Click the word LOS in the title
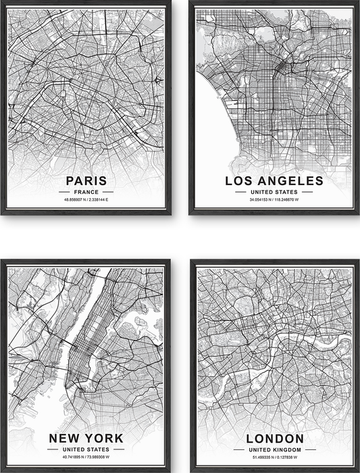[x=239, y=180]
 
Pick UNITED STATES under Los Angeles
[x=274, y=192]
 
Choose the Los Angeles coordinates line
[x=274, y=201]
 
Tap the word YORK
[x=105, y=439]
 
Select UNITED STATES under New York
[x=86, y=449]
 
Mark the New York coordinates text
[x=86, y=458]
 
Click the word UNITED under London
[x=259, y=449]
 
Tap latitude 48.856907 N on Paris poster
[x=73, y=201]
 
